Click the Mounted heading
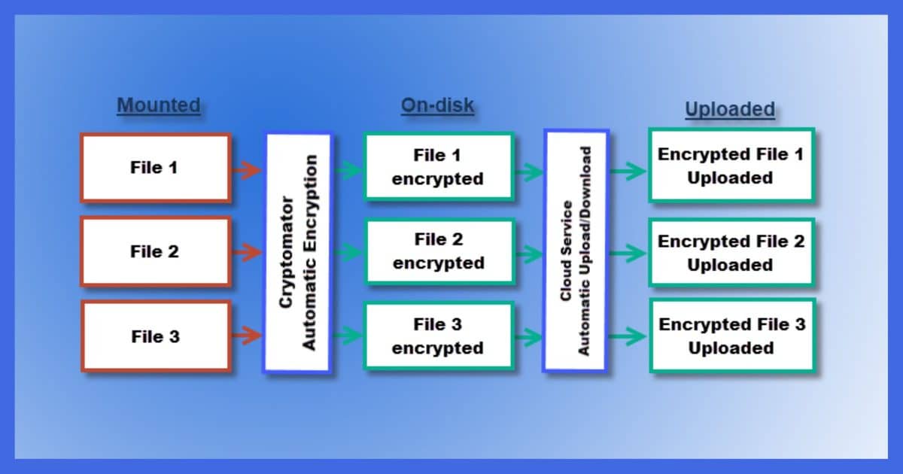tap(159, 105)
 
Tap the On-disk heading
tap(437, 105)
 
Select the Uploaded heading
tap(730, 109)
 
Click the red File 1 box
tap(156, 168)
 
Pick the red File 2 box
tap(156, 252)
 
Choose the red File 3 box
tap(157, 336)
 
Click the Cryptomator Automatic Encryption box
tap(298, 253)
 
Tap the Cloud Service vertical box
tap(576, 251)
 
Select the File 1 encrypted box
tap(439, 166)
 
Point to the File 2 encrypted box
tap(439, 252)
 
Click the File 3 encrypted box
tap(439, 336)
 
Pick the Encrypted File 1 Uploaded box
tap(731, 166)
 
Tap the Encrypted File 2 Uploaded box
tap(731, 253)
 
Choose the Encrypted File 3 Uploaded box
tap(732, 336)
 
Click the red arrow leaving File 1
tap(247, 170)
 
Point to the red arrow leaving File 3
tap(247, 336)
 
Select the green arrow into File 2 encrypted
tap(348, 253)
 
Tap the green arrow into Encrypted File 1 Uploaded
tap(628, 172)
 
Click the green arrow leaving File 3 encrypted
tap(528, 337)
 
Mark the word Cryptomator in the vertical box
tap(286, 253)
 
